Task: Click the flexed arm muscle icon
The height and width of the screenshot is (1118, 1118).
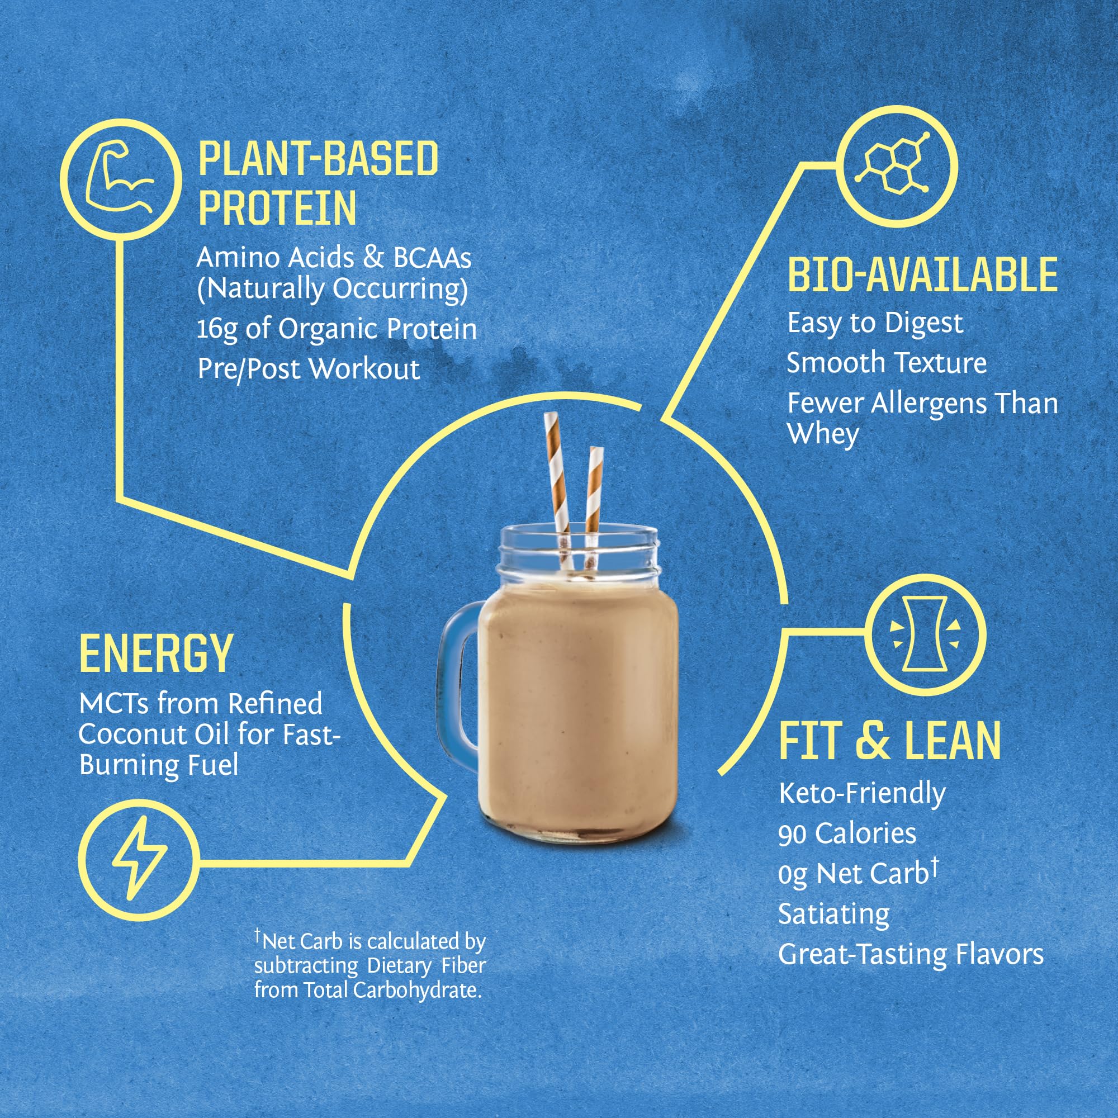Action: pyautogui.click(x=120, y=179)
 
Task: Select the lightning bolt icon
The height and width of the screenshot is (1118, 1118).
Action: pyautogui.click(x=139, y=860)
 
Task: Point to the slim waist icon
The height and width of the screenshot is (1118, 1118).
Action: pyautogui.click(x=925, y=634)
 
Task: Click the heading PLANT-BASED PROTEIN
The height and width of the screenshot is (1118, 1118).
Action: pyautogui.click(x=318, y=183)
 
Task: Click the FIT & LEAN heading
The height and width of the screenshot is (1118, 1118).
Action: pyautogui.click(x=889, y=741)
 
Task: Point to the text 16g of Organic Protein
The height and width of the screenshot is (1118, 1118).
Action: pyautogui.click(x=336, y=329)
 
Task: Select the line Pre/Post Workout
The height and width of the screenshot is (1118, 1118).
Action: pyautogui.click(x=309, y=368)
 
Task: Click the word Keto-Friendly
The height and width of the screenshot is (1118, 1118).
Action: pyautogui.click(x=861, y=793)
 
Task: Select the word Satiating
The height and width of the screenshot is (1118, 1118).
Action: pyautogui.click(x=834, y=915)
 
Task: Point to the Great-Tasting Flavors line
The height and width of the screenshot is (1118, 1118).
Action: pyautogui.click(x=910, y=954)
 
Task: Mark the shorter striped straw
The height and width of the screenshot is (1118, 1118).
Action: pyautogui.click(x=594, y=492)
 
